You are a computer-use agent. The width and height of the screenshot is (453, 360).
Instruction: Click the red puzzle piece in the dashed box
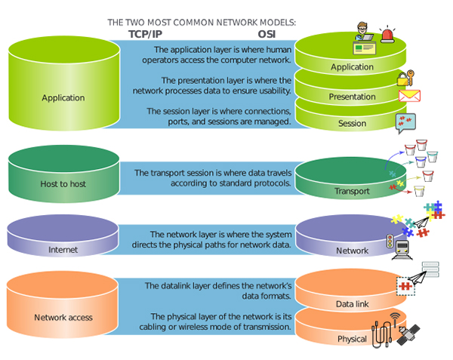pos(405,286)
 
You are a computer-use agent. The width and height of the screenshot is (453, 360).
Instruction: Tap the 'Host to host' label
pos(63,183)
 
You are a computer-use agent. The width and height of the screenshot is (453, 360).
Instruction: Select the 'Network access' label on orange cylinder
pos(63,317)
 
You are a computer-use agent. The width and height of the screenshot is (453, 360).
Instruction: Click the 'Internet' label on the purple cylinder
pos(63,250)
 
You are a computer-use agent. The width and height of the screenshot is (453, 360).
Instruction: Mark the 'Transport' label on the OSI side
pos(352,191)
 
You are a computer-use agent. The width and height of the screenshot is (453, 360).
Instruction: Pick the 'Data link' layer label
pos(352,303)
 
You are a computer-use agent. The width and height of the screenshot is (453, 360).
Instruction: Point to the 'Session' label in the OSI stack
pos(352,123)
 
